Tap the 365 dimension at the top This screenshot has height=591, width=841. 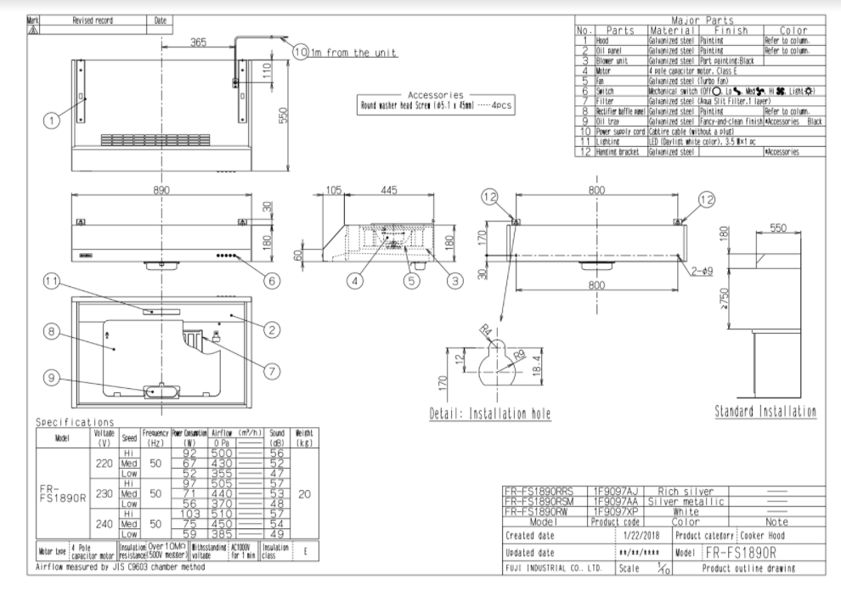point(199,42)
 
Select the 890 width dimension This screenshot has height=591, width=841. point(161,191)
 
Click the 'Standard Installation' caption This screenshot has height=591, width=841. point(765,412)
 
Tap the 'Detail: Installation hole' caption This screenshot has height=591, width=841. point(489,414)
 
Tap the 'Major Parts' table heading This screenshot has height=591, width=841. point(702,20)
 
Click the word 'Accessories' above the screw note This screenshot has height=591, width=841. point(435,95)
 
